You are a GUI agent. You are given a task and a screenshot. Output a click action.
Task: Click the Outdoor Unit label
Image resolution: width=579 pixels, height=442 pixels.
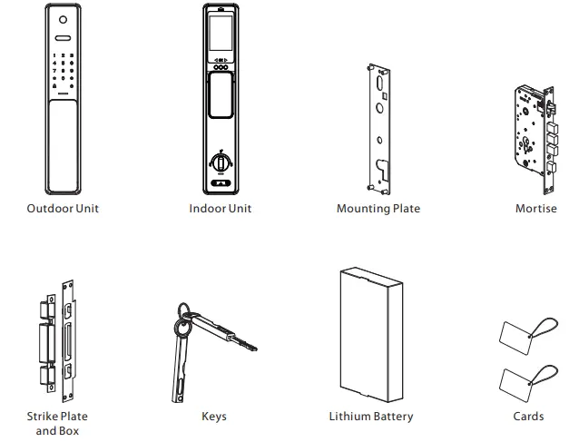pos(63,209)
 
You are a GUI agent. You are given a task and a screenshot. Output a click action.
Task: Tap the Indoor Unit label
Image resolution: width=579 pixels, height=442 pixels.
pos(221,209)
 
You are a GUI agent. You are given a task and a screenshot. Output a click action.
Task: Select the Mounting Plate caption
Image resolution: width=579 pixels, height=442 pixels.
pos(378,209)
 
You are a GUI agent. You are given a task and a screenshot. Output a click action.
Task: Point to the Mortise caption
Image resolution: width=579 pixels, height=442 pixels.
pos(535,209)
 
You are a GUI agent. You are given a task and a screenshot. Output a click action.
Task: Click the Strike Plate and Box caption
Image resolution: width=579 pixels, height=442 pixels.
pos(57,424)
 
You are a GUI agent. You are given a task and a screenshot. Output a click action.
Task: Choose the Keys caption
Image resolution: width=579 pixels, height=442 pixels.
pos(214,417)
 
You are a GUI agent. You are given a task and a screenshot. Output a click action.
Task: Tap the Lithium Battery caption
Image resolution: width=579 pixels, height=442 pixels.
pos(370,417)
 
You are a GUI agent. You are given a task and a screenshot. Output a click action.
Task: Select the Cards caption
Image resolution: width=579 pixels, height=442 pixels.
pos(528,417)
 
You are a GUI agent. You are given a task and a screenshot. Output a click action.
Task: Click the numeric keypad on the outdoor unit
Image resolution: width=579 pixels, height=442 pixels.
pos(63,68)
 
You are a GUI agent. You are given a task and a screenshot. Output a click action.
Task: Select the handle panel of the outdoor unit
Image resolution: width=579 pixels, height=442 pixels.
pos(63,145)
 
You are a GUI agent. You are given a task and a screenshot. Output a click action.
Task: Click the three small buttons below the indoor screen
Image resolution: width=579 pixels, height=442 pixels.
pos(221,66)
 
